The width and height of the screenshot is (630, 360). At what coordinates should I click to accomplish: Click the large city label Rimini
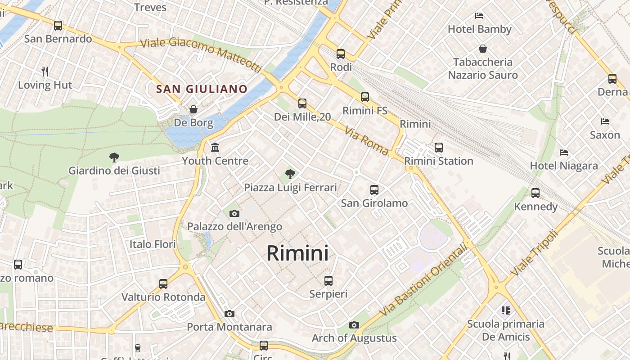click(x=297, y=253)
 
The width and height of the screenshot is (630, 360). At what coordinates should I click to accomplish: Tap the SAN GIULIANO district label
click(x=202, y=89)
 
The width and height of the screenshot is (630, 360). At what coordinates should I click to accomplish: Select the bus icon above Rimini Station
click(x=439, y=147)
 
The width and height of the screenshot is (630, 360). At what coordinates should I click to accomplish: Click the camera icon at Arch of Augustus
click(x=354, y=325)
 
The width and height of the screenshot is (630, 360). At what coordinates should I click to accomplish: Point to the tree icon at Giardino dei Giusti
click(x=114, y=157)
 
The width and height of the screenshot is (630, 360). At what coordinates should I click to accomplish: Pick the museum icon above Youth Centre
click(x=215, y=148)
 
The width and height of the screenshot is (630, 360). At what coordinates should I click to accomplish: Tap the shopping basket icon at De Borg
click(x=193, y=109)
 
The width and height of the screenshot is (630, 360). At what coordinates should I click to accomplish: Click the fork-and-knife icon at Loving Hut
click(x=45, y=71)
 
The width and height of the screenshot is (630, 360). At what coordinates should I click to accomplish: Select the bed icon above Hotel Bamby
click(x=479, y=16)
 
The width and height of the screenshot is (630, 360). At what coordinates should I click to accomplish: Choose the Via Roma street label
click(x=366, y=141)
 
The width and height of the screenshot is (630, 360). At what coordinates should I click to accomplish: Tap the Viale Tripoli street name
click(x=535, y=253)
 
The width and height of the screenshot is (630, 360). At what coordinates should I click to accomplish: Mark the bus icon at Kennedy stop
click(x=535, y=193)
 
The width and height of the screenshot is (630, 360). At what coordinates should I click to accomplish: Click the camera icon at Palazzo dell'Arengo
click(x=234, y=214)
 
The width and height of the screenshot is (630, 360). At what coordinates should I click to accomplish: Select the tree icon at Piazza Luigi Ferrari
click(x=290, y=173)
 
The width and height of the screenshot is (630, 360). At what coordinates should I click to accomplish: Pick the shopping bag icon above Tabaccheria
click(x=483, y=49)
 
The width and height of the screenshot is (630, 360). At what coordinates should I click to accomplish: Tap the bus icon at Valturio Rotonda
click(x=163, y=284)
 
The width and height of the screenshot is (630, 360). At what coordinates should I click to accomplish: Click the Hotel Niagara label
click(x=564, y=166)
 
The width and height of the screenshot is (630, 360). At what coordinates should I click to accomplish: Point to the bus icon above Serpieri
click(x=328, y=281)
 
